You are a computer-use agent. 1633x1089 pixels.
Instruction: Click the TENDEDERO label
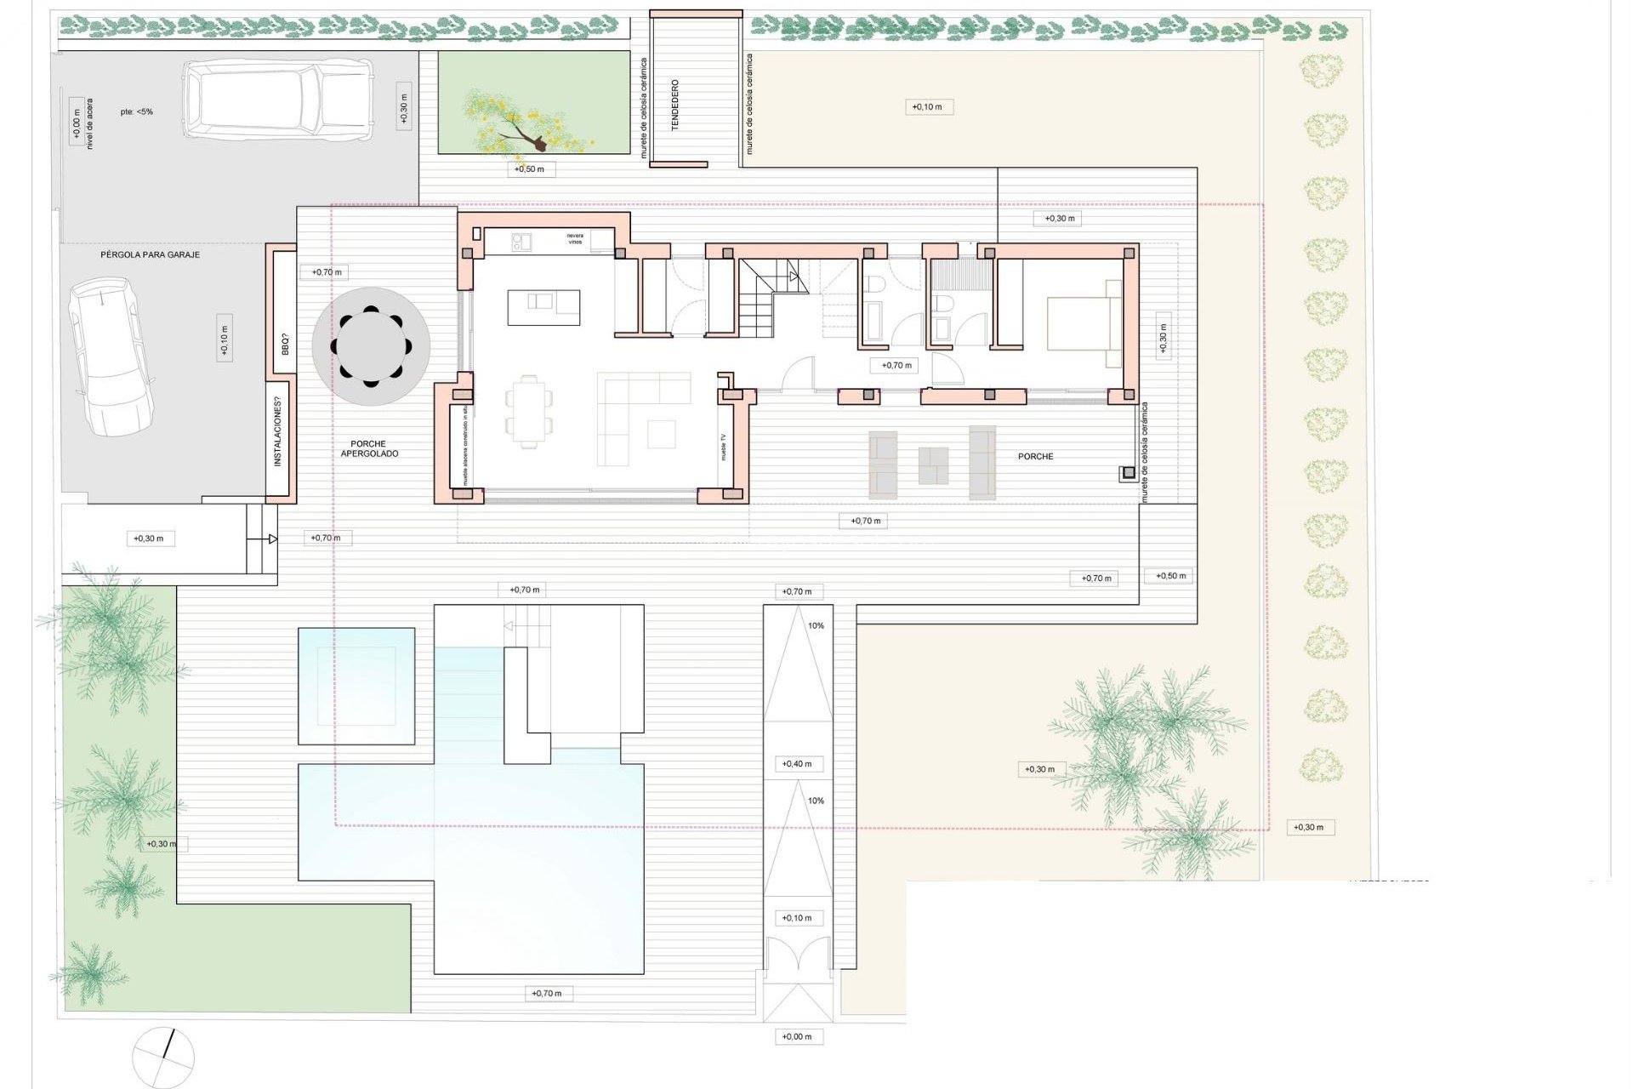[675, 105]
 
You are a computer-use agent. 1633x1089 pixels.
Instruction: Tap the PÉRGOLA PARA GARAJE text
[150, 254]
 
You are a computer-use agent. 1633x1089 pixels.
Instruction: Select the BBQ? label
[285, 345]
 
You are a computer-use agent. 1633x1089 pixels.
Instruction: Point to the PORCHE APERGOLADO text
[368, 448]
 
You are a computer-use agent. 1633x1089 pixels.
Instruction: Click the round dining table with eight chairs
[370, 346]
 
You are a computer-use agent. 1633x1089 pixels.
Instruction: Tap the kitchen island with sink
[544, 307]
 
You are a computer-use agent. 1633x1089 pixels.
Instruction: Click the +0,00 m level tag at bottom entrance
[797, 1036]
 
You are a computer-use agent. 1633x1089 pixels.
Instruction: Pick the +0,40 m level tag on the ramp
[797, 764]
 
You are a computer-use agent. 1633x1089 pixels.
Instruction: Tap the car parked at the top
[279, 100]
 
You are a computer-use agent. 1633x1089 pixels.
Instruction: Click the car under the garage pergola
[111, 356]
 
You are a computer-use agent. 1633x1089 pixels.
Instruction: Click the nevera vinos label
[576, 239]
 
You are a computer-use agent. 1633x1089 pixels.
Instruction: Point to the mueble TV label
[724, 447]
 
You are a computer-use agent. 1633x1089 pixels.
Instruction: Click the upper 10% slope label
[816, 625]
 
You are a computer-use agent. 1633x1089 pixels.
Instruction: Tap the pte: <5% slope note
[136, 111]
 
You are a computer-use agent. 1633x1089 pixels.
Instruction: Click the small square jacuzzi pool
[356, 686]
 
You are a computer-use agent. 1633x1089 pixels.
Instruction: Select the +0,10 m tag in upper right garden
[927, 107]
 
